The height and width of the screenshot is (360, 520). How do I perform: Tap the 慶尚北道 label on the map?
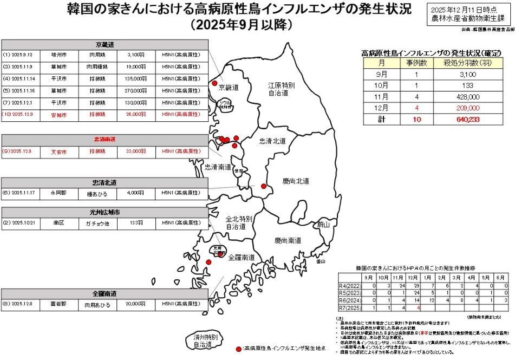click(x=296, y=181)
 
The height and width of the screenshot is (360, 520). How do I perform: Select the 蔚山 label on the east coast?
click(x=324, y=224)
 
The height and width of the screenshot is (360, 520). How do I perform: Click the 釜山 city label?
click(x=321, y=261)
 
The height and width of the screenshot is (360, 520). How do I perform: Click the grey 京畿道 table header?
click(x=105, y=44)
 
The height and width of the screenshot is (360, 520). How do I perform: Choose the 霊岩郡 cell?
click(x=60, y=305)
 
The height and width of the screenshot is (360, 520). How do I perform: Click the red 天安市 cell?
click(x=60, y=152)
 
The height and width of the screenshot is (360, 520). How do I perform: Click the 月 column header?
click(x=382, y=63)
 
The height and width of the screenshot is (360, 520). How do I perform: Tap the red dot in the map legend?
click(x=239, y=348)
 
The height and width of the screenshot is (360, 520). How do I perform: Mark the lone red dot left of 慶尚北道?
click(x=264, y=186)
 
